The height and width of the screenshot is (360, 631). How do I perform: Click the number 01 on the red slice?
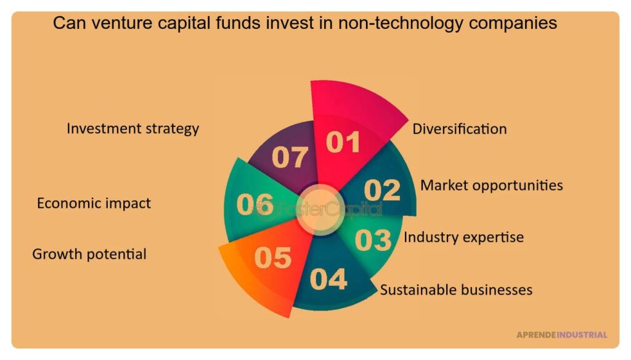point(343,142)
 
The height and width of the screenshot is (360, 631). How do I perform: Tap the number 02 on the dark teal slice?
point(381,190)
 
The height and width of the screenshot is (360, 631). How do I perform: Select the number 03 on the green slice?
point(373,240)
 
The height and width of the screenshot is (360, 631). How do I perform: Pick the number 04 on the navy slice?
point(328,279)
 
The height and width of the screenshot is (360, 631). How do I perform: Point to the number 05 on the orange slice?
point(272,258)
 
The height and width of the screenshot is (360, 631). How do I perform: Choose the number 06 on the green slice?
point(255,205)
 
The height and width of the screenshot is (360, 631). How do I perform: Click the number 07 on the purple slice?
point(290,157)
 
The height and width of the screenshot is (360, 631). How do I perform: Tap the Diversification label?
point(459,129)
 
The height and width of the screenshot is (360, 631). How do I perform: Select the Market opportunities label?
point(491,185)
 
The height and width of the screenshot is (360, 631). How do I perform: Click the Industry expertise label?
point(463,237)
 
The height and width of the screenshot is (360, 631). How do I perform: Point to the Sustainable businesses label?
point(456,289)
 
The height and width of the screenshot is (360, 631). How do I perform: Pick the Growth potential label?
point(89,253)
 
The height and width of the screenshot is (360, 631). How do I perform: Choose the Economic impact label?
point(94,203)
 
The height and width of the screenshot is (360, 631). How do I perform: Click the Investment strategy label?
point(132,128)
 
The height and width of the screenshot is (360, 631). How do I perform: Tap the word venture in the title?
point(115,23)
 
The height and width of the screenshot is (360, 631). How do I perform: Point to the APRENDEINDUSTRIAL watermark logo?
point(561,335)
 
